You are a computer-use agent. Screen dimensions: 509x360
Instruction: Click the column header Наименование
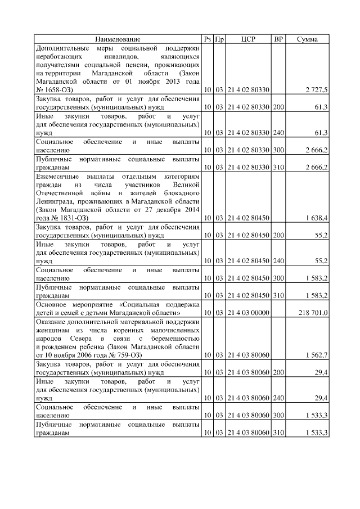click(118, 39)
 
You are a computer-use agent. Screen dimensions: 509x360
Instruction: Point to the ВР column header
click(278, 39)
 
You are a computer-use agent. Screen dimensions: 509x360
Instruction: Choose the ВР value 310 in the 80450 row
click(278, 295)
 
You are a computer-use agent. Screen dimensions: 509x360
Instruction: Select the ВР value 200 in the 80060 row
click(278, 373)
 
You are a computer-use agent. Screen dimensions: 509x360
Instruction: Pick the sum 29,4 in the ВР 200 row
click(321, 373)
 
